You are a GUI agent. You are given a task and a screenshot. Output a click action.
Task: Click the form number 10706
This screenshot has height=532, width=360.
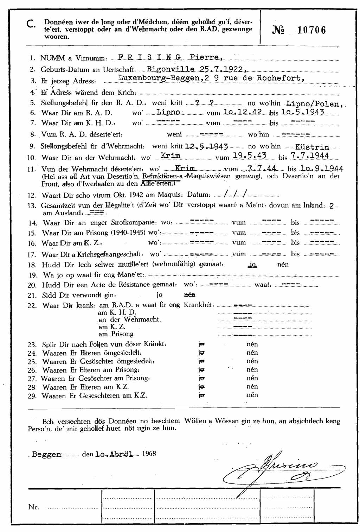pos(311,30)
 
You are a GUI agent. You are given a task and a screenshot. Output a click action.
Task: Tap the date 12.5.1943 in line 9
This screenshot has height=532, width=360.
pos(207,146)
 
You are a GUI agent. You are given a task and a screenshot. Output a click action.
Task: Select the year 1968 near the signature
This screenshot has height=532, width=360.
pos(149,454)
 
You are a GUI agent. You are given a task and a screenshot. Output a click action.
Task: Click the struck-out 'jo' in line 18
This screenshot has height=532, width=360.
pos(252,265)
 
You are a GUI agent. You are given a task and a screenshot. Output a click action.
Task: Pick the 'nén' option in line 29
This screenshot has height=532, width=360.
pos(252,395)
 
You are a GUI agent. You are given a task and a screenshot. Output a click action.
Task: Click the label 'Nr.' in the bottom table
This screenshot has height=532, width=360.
pos(34,507)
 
